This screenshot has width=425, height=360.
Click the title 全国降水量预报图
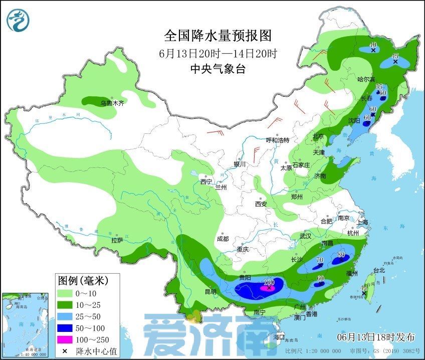click(218, 36)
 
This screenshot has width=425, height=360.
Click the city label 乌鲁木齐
click(112, 103)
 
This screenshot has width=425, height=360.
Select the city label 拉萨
click(117, 240)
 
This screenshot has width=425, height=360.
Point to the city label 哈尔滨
click(366, 79)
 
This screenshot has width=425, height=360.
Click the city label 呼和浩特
click(278, 140)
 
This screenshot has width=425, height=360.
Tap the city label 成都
click(224, 239)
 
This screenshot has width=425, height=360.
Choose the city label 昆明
click(210, 291)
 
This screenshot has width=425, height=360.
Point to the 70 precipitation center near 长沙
click(320, 261)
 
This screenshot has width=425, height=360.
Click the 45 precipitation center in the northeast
click(395, 57)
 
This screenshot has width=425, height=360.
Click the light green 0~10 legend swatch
click(65, 293)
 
